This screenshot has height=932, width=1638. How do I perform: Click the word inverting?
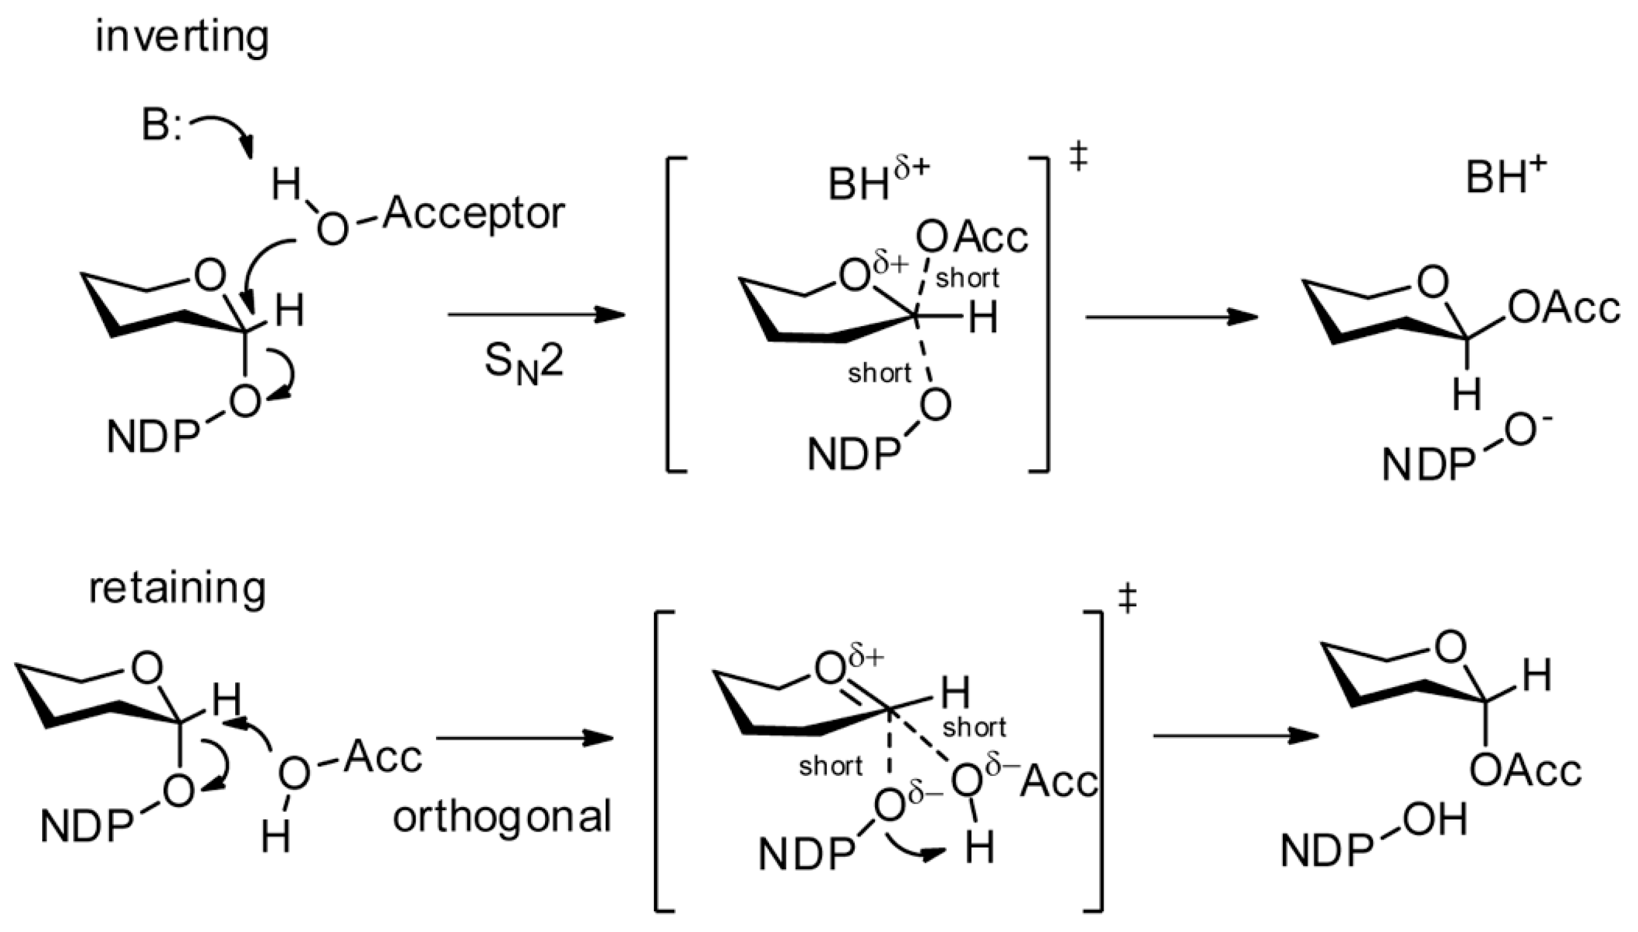point(182,37)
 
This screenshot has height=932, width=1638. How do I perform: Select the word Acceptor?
point(474,214)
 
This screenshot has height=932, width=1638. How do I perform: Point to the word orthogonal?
point(502,818)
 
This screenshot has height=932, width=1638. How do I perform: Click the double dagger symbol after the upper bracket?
point(1079,157)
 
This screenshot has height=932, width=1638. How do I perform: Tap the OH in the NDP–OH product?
point(1433,821)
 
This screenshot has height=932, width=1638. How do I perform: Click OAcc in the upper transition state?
point(971,237)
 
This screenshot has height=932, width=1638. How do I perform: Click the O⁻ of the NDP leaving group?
point(1528,430)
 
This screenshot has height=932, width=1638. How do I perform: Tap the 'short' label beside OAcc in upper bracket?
point(967,278)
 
